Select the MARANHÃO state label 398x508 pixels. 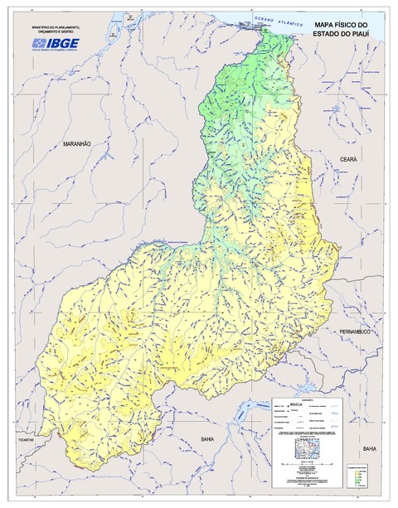76,143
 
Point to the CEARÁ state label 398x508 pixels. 346,157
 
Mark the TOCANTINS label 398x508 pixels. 24,440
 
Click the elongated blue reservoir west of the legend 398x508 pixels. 250,409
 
